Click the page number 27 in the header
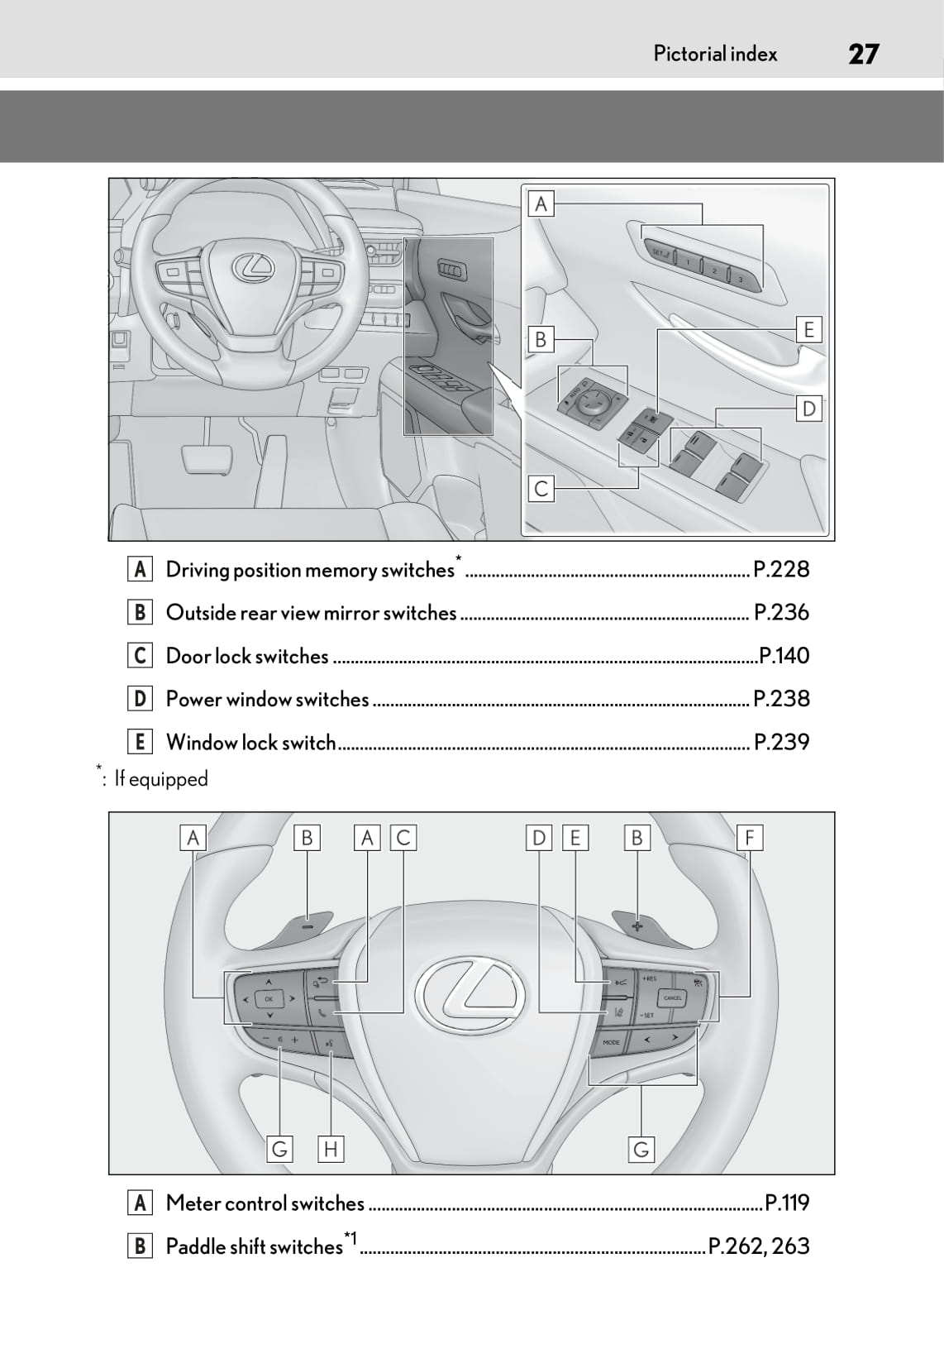(863, 54)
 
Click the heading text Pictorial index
(715, 54)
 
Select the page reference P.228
(781, 569)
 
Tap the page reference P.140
(784, 656)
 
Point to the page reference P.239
(781, 742)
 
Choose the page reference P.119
(787, 1203)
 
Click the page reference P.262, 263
(759, 1246)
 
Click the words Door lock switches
(247, 656)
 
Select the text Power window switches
(267, 699)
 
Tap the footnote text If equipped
(161, 779)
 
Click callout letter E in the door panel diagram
(808, 330)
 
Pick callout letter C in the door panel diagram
(541, 489)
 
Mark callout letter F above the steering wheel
(749, 838)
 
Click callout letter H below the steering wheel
(330, 1149)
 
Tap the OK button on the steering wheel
(269, 999)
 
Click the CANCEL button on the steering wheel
(673, 998)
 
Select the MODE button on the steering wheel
(611, 1042)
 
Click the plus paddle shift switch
(637, 926)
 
